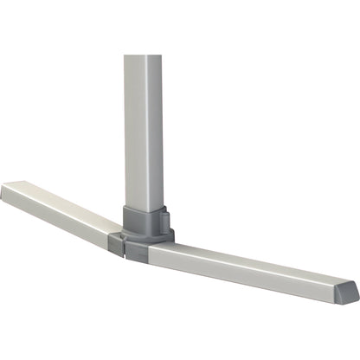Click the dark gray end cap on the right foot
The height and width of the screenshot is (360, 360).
pyautogui.click(x=348, y=292)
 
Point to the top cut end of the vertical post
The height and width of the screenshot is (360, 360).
pyautogui.click(x=143, y=58)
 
